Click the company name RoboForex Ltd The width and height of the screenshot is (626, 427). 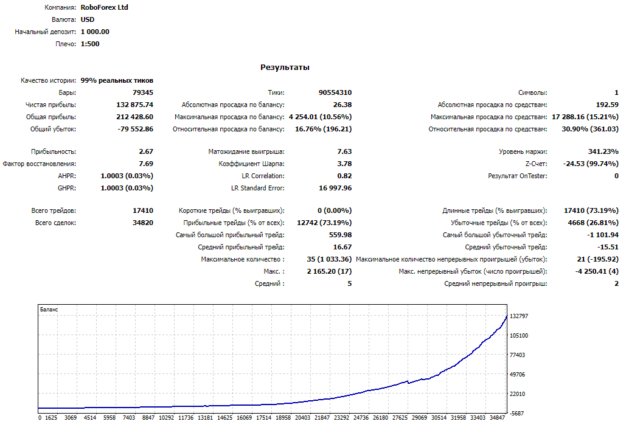(104, 7)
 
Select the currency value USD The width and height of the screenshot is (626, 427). (88, 19)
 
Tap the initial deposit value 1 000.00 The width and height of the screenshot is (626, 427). (95, 32)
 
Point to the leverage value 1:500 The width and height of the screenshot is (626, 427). (90, 44)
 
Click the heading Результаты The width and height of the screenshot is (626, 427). (285, 68)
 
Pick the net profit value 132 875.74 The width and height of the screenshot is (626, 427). (134, 105)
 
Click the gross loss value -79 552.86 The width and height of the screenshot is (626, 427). (135, 129)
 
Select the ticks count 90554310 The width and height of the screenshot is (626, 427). (335, 92)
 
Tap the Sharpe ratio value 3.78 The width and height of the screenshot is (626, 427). (344, 164)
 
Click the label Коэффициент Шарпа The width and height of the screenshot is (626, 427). (251, 164)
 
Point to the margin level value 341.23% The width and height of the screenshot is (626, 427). (603, 151)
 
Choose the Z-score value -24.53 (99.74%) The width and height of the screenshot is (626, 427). (591, 164)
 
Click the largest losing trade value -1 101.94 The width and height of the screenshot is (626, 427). (602, 235)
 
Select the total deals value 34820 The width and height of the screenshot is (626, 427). (142, 223)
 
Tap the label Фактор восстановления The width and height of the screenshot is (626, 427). (39, 164)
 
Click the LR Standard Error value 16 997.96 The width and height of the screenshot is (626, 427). (335, 188)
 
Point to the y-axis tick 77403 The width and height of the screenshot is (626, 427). (517, 355)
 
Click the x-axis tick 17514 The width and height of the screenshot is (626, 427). (263, 417)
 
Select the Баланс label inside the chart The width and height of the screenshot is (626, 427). (49, 309)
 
